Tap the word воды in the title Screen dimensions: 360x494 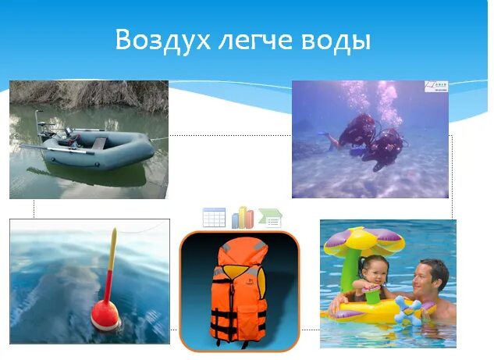(x=336, y=40)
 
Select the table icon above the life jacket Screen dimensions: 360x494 (x=214, y=217)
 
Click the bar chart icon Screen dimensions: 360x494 (x=243, y=216)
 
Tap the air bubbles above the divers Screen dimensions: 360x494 (x=367, y=98)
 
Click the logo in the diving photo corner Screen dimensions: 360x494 (x=436, y=87)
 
